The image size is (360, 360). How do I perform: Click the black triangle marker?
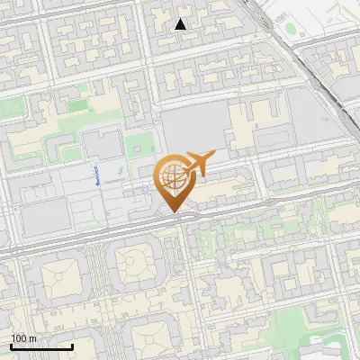click(181, 24)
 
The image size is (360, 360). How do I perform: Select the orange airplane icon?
click(197, 163)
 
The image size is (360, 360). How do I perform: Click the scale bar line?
click(41, 346)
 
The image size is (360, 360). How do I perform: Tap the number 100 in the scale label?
click(19, 338)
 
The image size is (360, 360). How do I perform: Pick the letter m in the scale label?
click(32, 338)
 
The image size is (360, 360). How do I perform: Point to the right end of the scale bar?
click(73, 346)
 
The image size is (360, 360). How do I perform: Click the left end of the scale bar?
click(10, 346)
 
